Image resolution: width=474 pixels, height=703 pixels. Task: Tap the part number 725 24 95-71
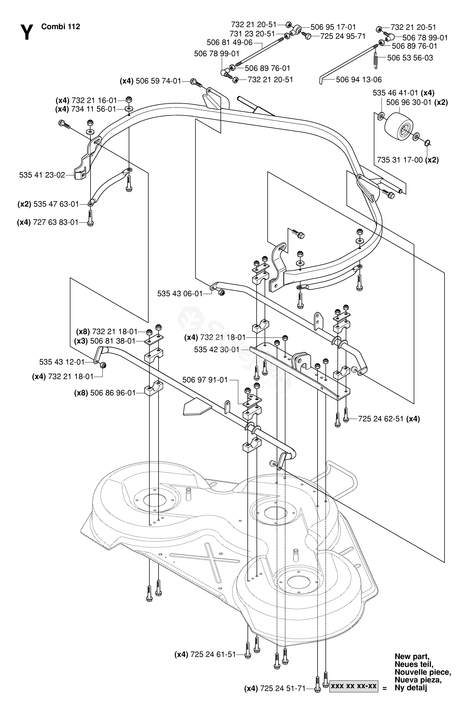point(343,36)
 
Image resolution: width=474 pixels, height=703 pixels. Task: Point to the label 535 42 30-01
point(216,350)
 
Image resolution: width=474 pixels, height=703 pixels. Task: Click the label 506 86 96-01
point(113,393)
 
